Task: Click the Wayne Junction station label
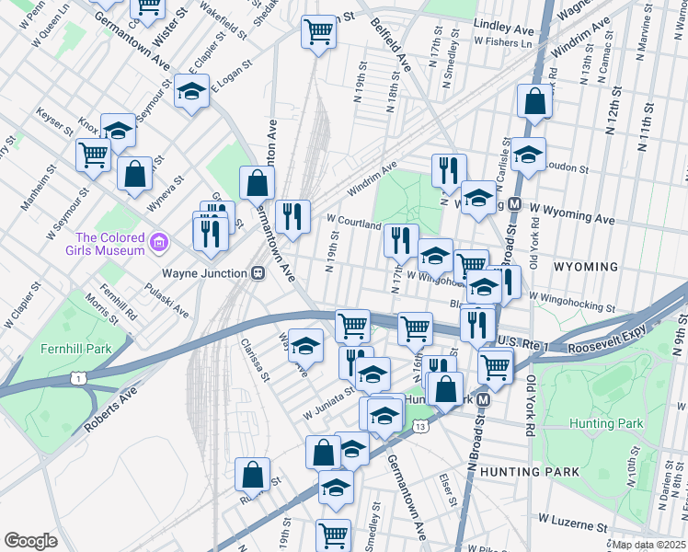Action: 204,273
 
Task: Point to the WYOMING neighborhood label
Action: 586,267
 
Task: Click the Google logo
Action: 30,540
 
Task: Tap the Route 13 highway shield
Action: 420,426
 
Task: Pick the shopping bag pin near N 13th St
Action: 534,101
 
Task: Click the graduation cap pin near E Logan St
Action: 191,92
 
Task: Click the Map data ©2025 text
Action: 649,545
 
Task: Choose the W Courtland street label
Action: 353,224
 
